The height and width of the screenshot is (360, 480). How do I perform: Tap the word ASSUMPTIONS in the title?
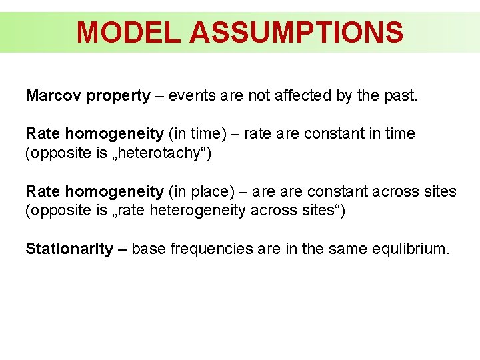[296, 32]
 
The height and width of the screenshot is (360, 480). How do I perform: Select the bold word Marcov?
[52, 95]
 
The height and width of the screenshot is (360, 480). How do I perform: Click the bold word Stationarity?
[69, 249]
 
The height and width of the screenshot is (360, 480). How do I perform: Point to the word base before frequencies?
[147, 249]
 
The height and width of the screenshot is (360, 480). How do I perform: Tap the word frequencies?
[204, 249]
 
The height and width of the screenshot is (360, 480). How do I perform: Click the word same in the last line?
[335, 249]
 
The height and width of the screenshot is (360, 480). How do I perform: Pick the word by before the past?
[344, 97]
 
